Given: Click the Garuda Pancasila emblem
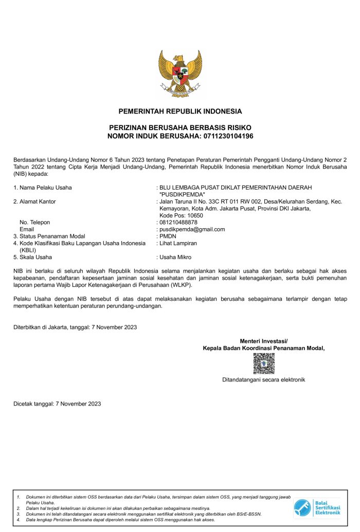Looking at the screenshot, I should (x=180, y=74).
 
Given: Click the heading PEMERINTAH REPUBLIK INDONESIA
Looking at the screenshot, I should (x=180, y=111).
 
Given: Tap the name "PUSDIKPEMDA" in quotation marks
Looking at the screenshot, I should (x=183, y=194).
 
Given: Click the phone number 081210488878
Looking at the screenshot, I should (x=178, y=222).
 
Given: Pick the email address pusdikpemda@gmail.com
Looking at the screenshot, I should (x=192, y=229).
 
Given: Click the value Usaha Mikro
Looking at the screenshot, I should (x=175, y=257).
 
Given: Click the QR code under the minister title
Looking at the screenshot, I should (x=264, y=363).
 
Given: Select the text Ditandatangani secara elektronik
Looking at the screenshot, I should (x=264, y=380).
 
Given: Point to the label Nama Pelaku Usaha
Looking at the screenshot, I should (x=45, y=188).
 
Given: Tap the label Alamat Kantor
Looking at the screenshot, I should (x=38, y=201).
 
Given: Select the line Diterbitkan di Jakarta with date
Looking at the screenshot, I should (x=75, y=327).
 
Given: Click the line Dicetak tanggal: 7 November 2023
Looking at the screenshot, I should (x=57, y=403).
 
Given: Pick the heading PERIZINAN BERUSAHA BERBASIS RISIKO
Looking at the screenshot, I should (x=180, y=127).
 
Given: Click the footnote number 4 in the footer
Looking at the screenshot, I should (x=18, y=520).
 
